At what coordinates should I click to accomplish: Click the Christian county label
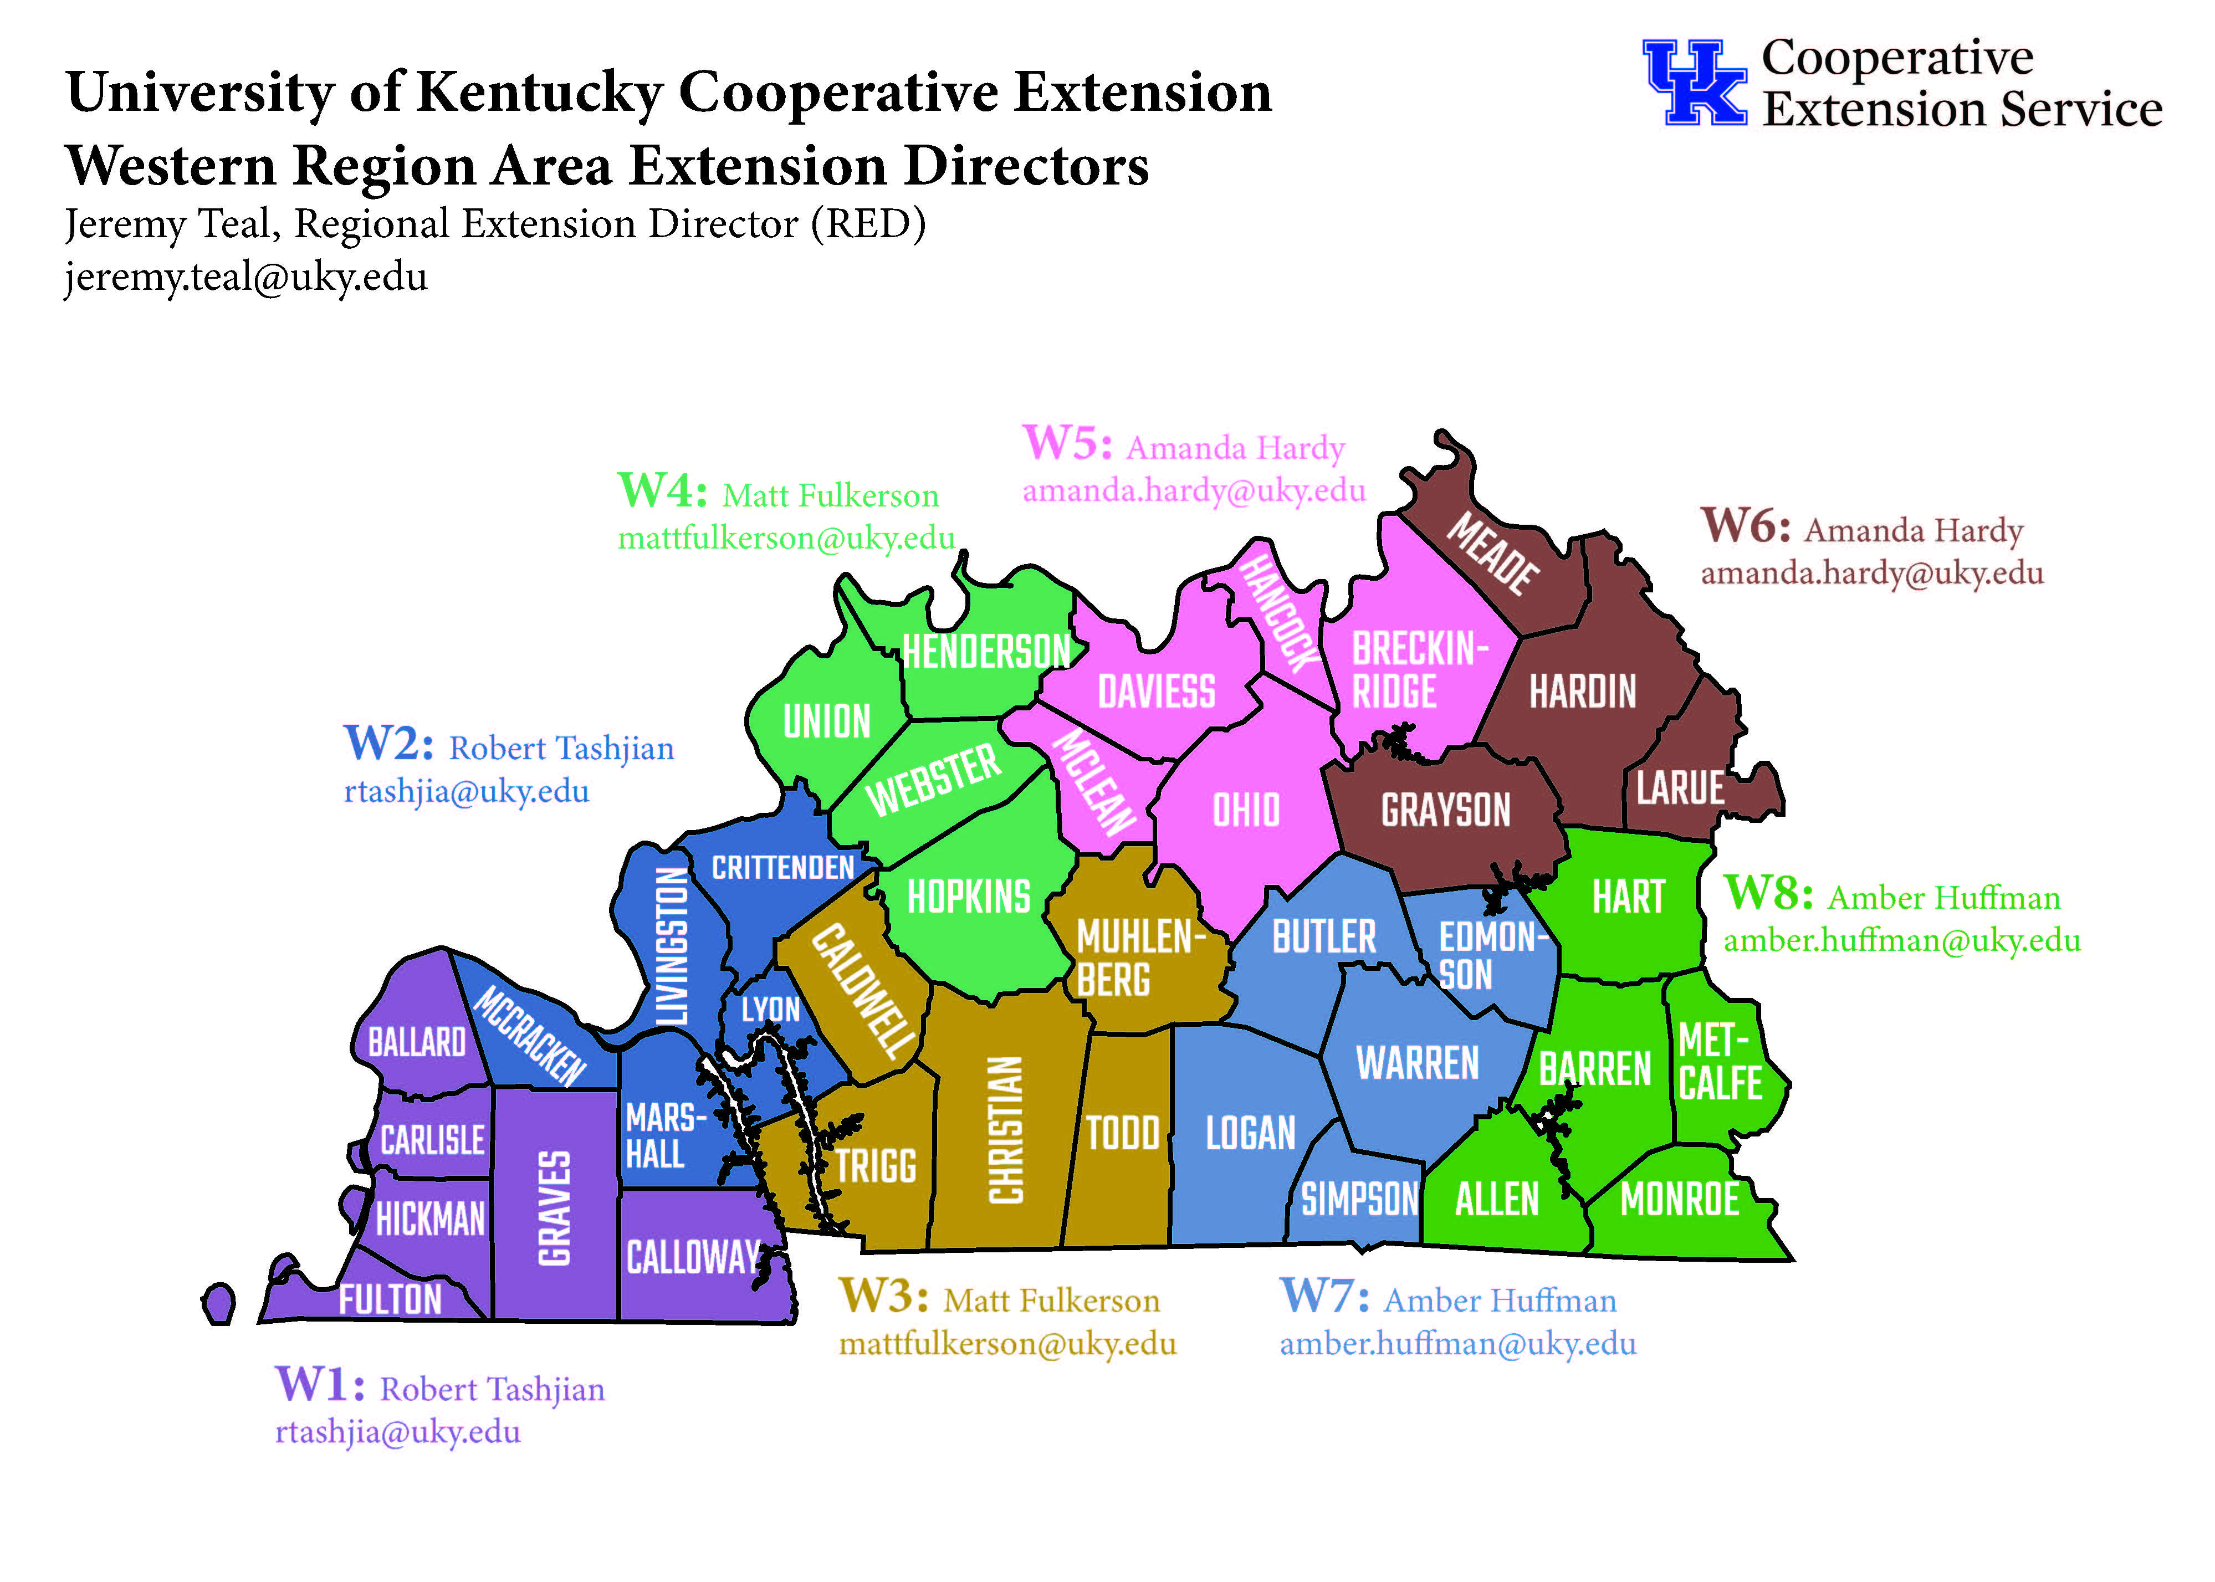point(1006,1130)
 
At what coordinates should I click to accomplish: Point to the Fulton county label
point(390,1298)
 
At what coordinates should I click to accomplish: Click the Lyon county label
point(770,1009)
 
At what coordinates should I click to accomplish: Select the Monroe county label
point(1679,1199)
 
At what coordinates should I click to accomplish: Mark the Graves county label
point(554,1208)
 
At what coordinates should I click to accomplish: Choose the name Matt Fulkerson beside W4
point(830,496)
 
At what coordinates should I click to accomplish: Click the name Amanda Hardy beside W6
point(1913,531)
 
